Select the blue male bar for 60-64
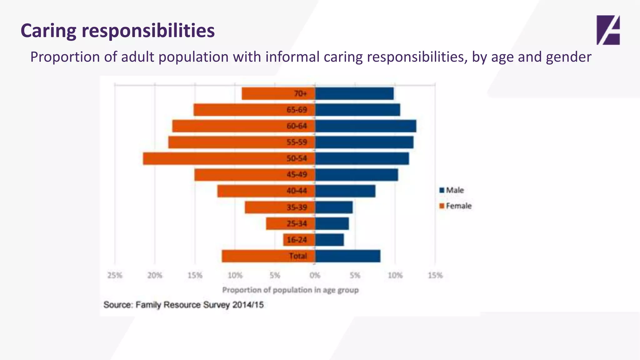366,126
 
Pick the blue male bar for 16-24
329,240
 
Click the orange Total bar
253,256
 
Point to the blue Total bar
347,256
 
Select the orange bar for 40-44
250,191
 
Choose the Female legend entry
455,206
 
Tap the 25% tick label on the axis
115,275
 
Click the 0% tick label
315,275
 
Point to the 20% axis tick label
155,275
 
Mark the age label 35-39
297,207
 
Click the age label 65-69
297,110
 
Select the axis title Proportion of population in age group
290,290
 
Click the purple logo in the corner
608,30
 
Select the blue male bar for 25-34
332,224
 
